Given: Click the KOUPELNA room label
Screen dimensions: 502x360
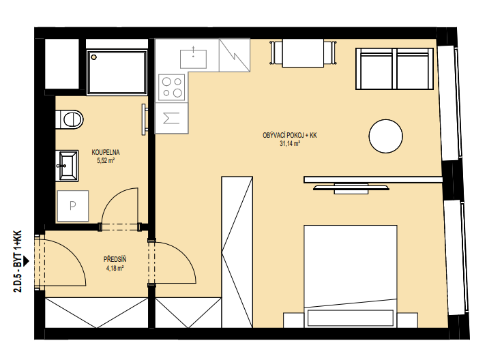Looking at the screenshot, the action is (x=106, y=152).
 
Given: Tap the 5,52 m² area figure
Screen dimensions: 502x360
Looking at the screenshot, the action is (x=106, y=160).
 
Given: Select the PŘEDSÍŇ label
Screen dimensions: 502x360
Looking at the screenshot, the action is (x=115, y=259).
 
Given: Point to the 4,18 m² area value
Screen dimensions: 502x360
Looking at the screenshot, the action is (x=115, y=268).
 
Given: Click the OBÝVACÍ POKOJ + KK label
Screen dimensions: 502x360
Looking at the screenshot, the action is (x=290, y=136).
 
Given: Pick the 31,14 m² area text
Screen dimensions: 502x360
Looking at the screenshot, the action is (x=290, y=144).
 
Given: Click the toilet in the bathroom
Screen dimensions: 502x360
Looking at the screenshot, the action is (x=70, y=120).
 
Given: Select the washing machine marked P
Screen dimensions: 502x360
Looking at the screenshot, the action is (x=73, y=206).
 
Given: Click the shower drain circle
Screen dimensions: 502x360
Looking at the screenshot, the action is (x=94, y=57).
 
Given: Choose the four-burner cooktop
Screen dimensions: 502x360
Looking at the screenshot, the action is (x=172, y=87).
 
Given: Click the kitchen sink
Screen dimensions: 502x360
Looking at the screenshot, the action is (x=194, y=59).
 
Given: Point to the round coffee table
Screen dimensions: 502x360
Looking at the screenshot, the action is (x=386, y=136).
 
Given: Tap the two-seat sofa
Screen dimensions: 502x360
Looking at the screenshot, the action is (x=394, y=69).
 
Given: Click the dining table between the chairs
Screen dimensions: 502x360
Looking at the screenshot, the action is (x=303, y=53).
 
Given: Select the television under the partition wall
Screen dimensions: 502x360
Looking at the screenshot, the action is (x=351, y=188).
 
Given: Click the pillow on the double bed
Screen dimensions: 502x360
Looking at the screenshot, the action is (x=351, y=318).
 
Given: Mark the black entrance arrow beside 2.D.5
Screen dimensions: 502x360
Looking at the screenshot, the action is (x=26, y=261).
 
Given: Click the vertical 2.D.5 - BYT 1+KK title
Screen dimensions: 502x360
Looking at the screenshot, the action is (x=18, y=261).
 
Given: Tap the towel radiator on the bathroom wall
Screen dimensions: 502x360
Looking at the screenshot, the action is (x=145, y=119).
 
